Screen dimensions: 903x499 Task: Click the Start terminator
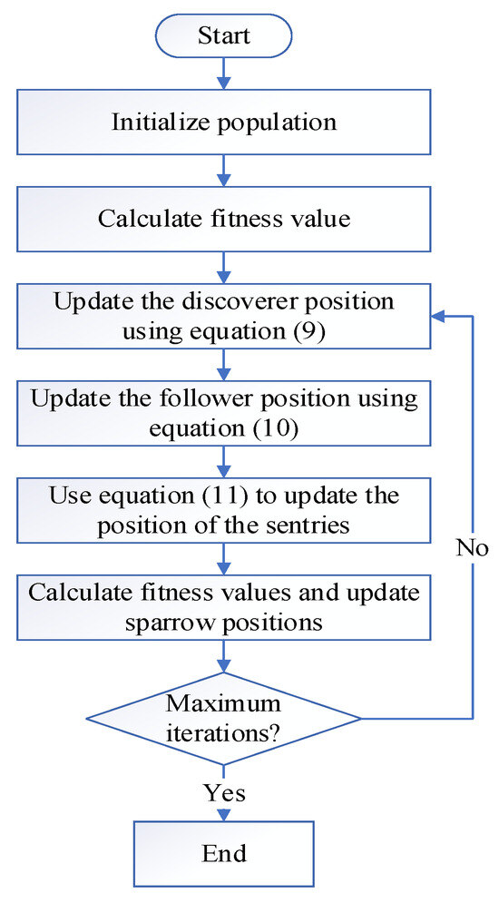[x=223, y=38]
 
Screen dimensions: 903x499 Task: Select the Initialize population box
[x=223, y=122]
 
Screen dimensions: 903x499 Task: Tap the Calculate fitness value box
[x=223, y=219]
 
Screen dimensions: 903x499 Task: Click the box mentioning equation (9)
[x=223, y=317]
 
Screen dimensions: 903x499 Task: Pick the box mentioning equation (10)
[x=223, y=413]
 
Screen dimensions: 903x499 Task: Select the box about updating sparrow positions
[x=223, y=608]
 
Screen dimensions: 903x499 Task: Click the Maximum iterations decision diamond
[x=223, y=719]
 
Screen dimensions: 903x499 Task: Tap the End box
[x=223, y=853]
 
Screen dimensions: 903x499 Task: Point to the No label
[x=472, y=547]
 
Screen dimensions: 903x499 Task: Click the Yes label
[x=224, y=792]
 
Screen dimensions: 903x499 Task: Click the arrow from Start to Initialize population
[x=223, y=76]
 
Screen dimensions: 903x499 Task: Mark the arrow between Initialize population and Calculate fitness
[x=223, y=170]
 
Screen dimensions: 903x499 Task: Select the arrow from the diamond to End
[x=223, y=799]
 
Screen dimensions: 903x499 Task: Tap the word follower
[x=245, y=397]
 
